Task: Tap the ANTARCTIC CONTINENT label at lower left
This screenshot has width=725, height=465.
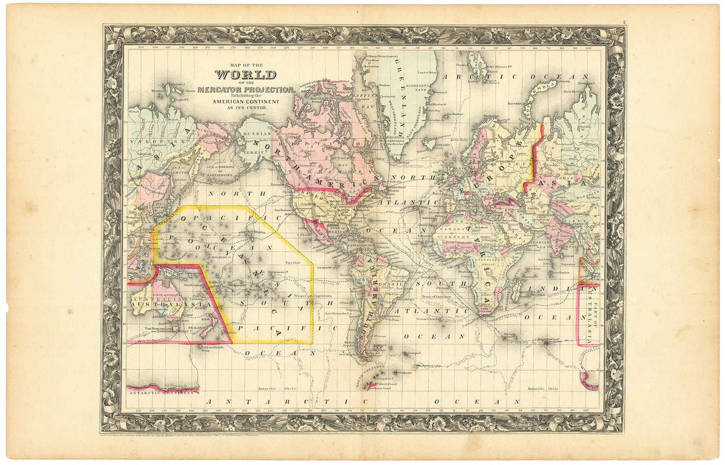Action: pyautogui.click(x=161, y=393)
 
